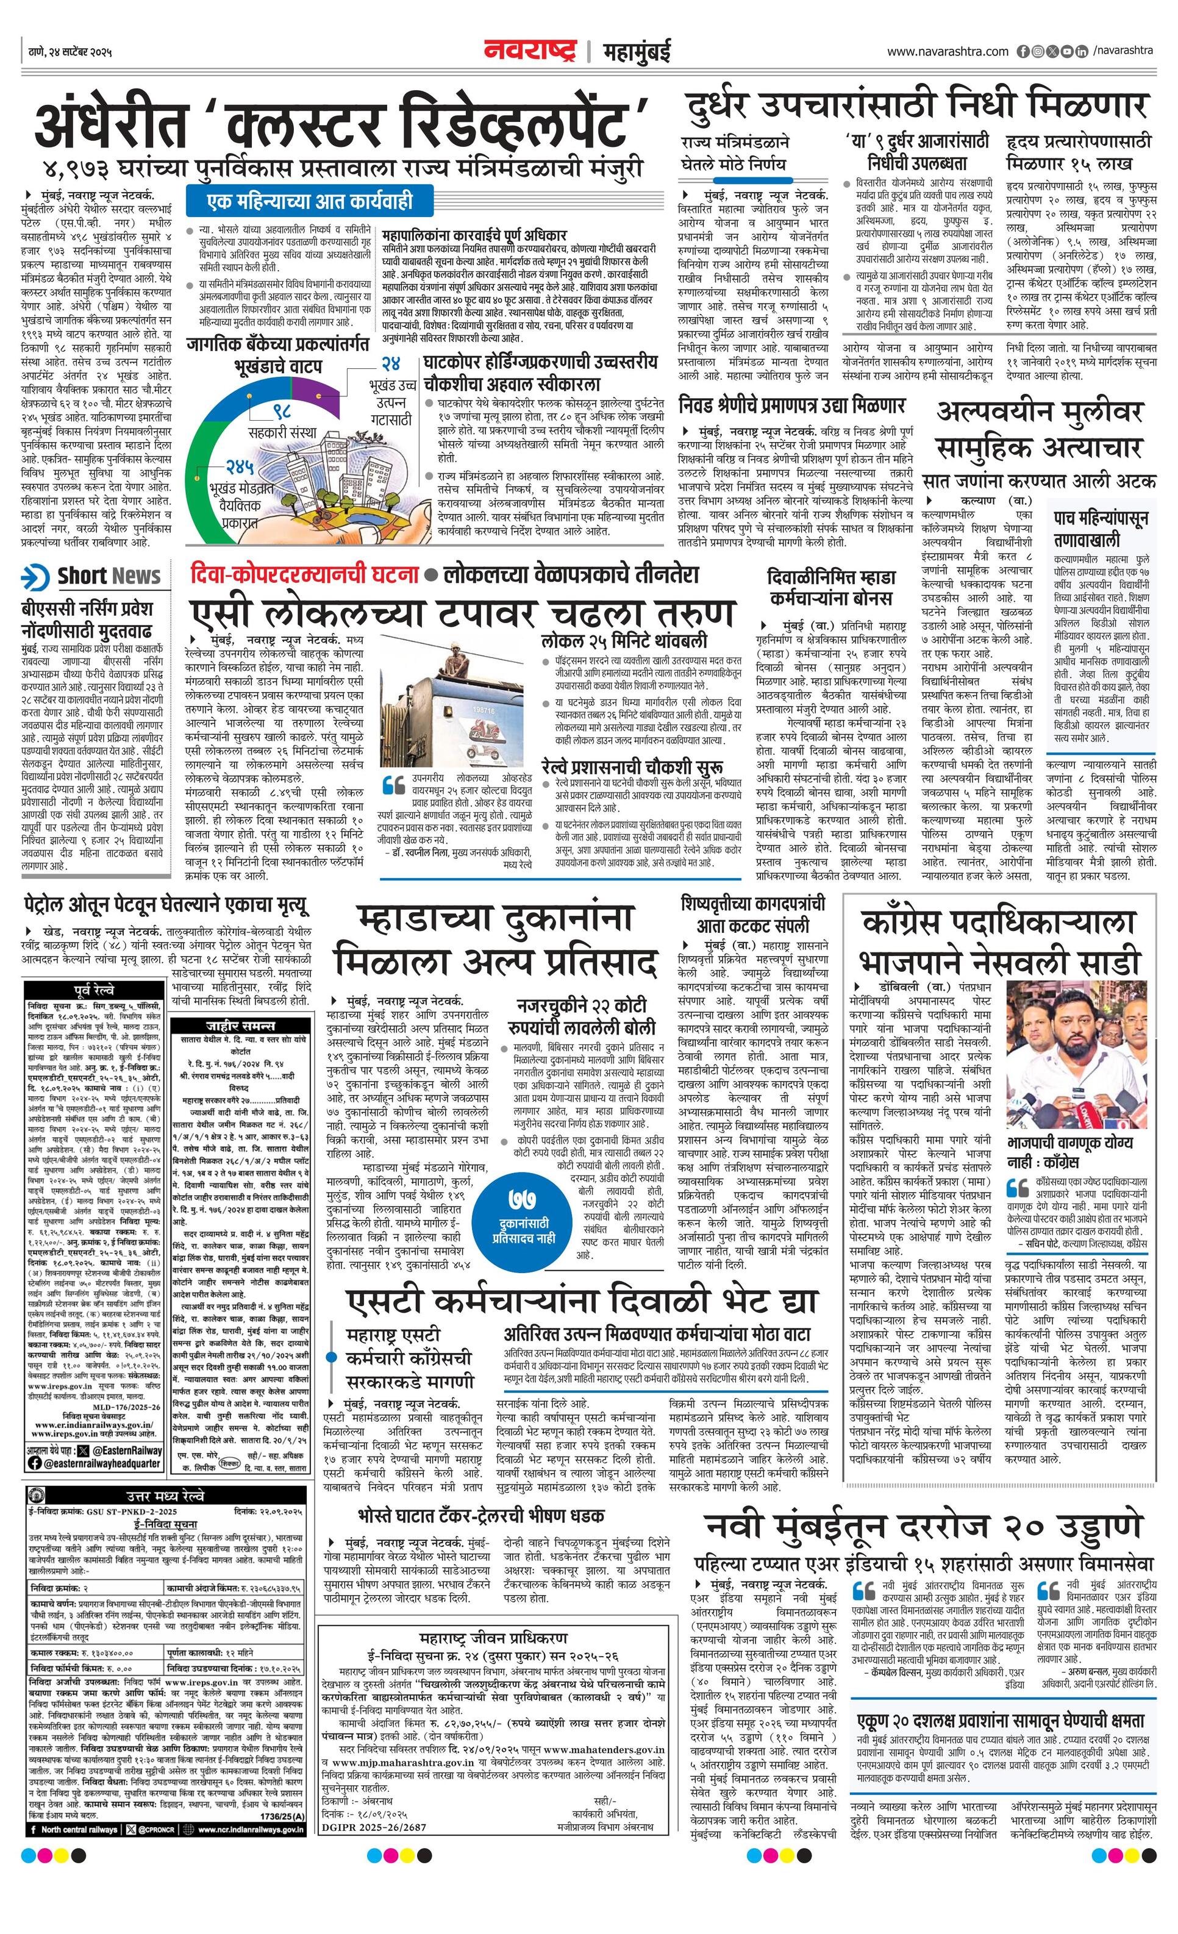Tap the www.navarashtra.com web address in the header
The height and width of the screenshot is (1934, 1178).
(x=948, y=52)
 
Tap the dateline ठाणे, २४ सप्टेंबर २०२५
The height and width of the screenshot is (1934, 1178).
(x=68, y=52)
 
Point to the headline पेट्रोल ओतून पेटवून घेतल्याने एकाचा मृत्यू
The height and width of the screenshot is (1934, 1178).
(x=166, y=907)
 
